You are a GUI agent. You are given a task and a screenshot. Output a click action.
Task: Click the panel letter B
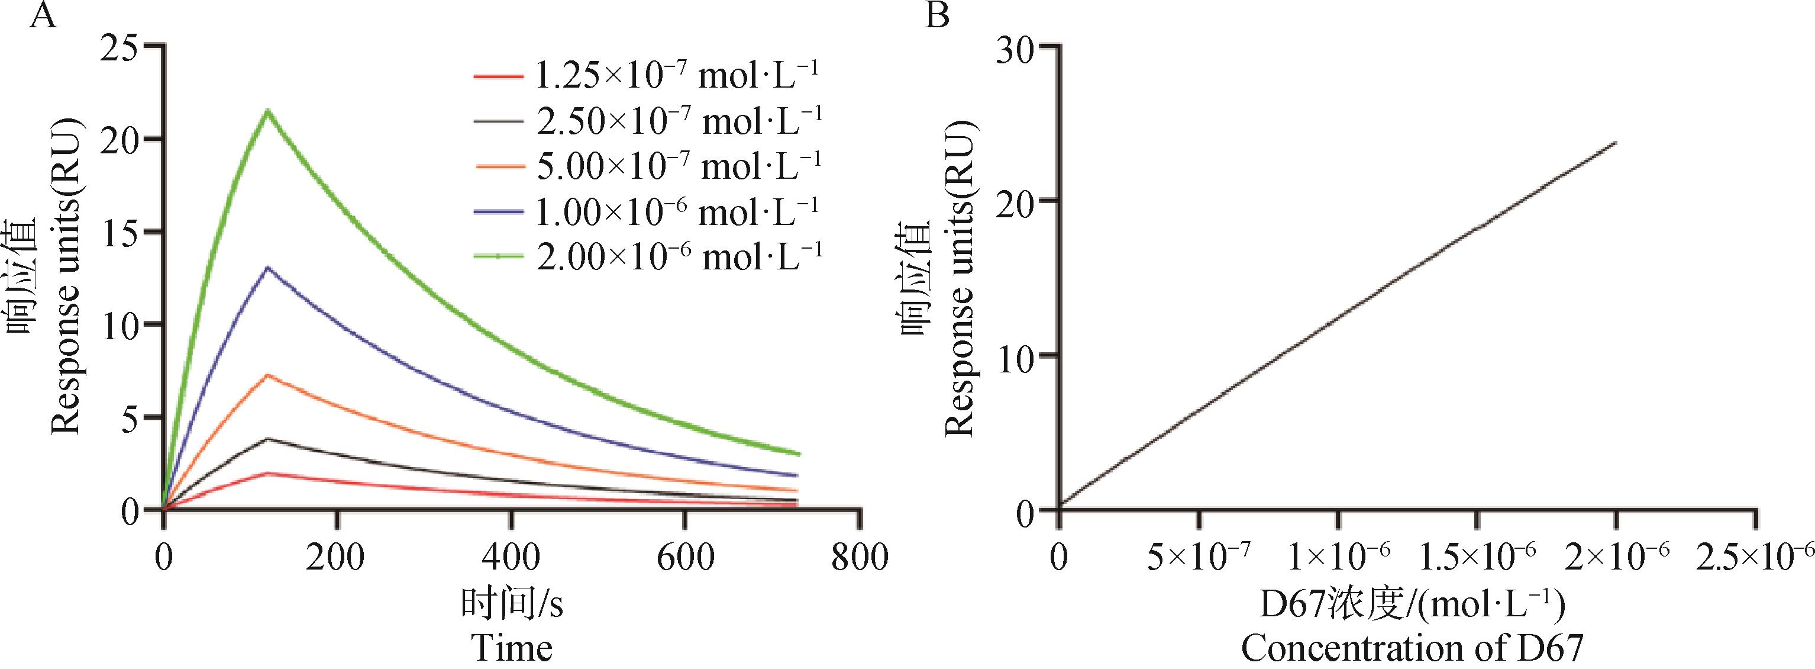click(x=936, y=15)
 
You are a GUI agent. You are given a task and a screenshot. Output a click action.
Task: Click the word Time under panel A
click(x=512, y=648)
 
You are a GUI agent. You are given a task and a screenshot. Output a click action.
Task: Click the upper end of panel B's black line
click(x=1616, y=143)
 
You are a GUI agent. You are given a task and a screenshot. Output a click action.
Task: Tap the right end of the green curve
click(x=799, y=454)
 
